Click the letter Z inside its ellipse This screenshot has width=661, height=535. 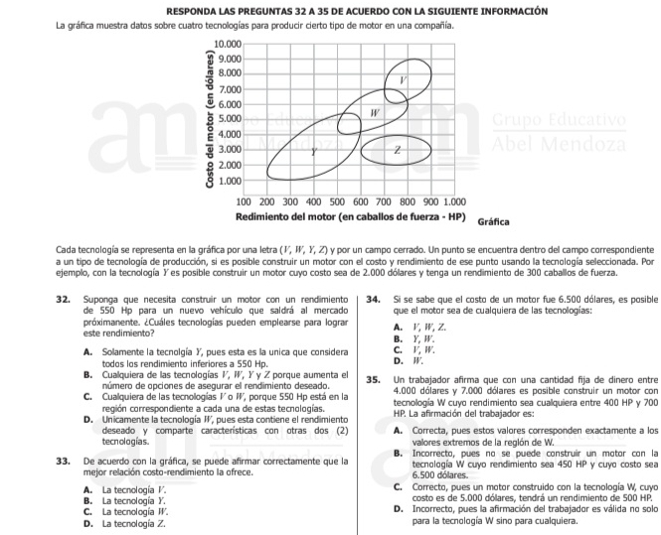pos(397,150)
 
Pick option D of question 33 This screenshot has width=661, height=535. pos(89,521)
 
